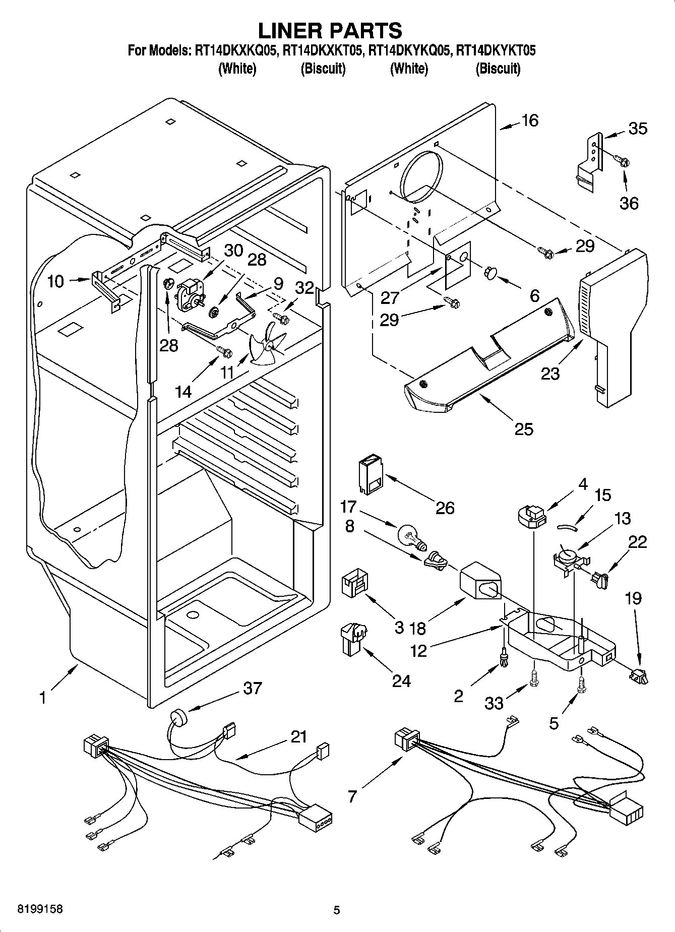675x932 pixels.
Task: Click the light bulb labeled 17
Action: [x=411, y=536]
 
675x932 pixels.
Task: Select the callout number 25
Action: [x=524, y=429]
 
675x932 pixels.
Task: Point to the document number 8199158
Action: [x=34, y=910]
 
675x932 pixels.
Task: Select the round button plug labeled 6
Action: [x=490, y=273]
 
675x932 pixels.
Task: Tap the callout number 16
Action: [x=530, y=120]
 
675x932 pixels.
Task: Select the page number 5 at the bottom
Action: [x=337, y=910]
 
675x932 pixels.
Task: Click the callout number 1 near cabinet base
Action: [x=43, y=699]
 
